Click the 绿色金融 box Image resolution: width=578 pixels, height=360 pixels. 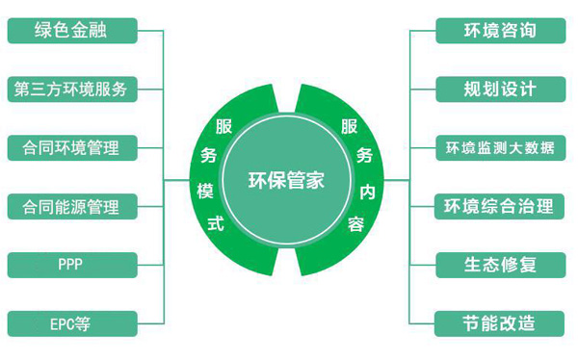70,30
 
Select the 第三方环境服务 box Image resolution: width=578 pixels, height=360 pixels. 70,89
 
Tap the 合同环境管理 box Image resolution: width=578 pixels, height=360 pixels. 70,147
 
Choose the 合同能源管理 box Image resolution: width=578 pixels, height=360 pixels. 70,205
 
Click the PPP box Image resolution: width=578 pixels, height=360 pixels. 70,264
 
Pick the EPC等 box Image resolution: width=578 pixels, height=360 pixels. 70,322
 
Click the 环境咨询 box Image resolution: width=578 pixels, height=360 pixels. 499,30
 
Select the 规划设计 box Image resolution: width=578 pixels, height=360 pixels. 499,89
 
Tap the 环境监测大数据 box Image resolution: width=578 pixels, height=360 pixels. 499,147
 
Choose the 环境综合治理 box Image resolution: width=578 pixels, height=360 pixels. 499,205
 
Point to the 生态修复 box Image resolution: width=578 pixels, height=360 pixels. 499,264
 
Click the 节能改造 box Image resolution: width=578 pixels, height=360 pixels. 499,322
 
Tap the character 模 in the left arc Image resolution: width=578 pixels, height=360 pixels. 204,192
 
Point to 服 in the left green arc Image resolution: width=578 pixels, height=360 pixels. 223,126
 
